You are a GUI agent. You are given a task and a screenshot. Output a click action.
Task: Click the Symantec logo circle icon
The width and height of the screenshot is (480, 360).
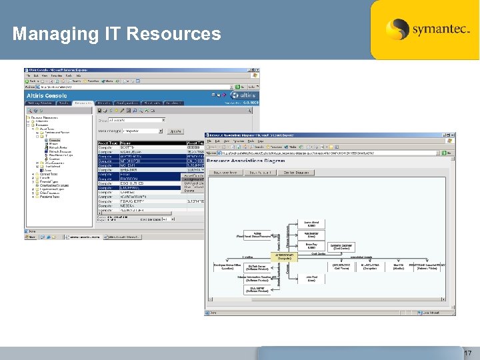[x=397, y=29]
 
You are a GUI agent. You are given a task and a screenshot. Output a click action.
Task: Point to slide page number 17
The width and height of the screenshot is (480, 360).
[x=467, y=352]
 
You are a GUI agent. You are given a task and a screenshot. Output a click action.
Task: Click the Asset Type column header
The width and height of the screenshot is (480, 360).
[x=107, y=142]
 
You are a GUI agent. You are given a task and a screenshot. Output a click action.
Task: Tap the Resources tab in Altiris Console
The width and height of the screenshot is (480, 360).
[x=83, y=103]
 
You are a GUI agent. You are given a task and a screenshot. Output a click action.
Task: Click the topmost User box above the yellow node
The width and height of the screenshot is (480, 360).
[x=311, y=225]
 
